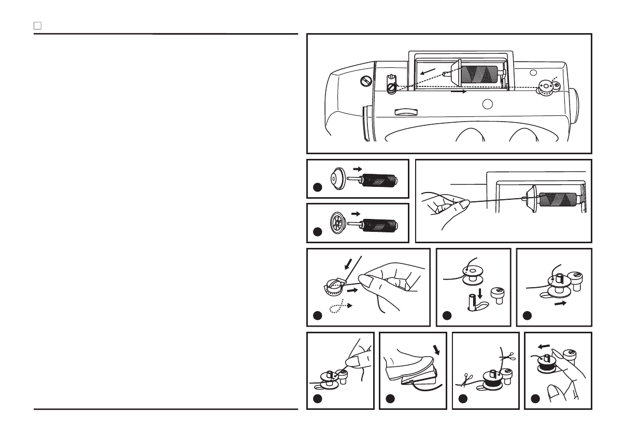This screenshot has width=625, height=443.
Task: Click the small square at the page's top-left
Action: [x=37, y=25]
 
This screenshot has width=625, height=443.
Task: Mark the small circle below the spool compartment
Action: [x=486, y=104]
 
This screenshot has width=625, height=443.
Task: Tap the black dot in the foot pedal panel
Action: [x=391, y=400]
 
